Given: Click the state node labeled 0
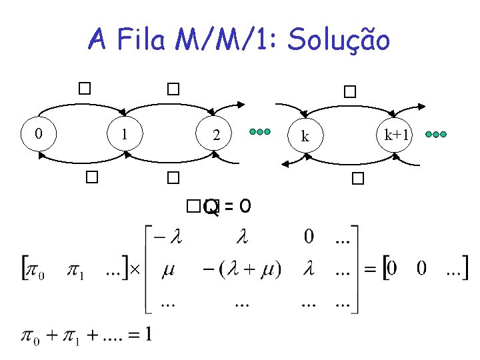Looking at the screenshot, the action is [x=39, y=133].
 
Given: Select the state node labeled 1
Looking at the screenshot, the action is [x=124, y=133].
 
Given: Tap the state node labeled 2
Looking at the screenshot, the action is [x=215, y=135].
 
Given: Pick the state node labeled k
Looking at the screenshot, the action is [x=305, y=136].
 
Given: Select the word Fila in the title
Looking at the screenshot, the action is [x=141, y=41].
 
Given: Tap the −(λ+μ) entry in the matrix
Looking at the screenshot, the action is [x=242, y=269].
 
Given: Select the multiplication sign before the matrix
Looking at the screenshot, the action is [x=133, y=269].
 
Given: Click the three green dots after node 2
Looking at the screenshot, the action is [x=259, y=132].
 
